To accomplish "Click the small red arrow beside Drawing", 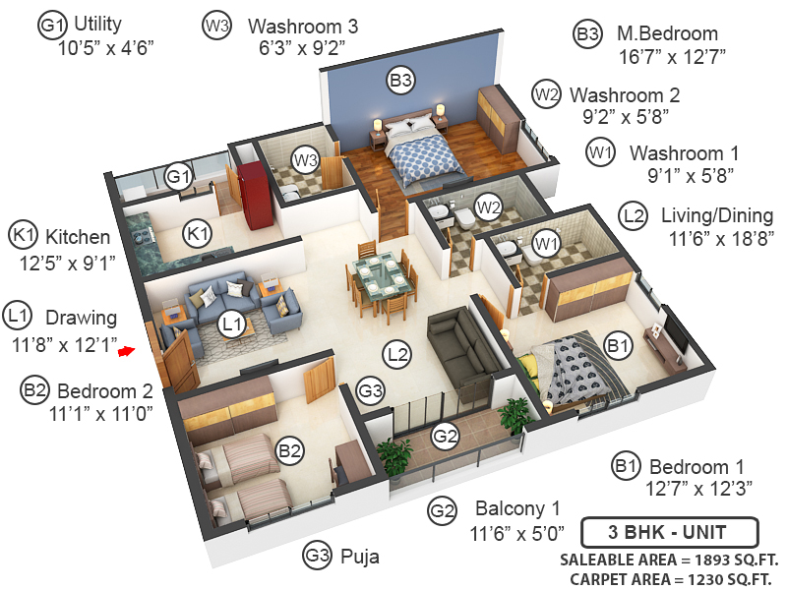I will (126, 348).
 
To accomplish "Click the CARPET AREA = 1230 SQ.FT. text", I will (664, 576).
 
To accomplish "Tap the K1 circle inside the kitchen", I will (199, 234).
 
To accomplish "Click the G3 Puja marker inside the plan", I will (370, 390).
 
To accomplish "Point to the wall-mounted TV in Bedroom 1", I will (678, 335).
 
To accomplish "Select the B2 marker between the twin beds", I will (289, 451).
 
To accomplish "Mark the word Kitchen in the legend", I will (78, 237).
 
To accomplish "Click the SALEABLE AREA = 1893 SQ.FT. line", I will (666, 560).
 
